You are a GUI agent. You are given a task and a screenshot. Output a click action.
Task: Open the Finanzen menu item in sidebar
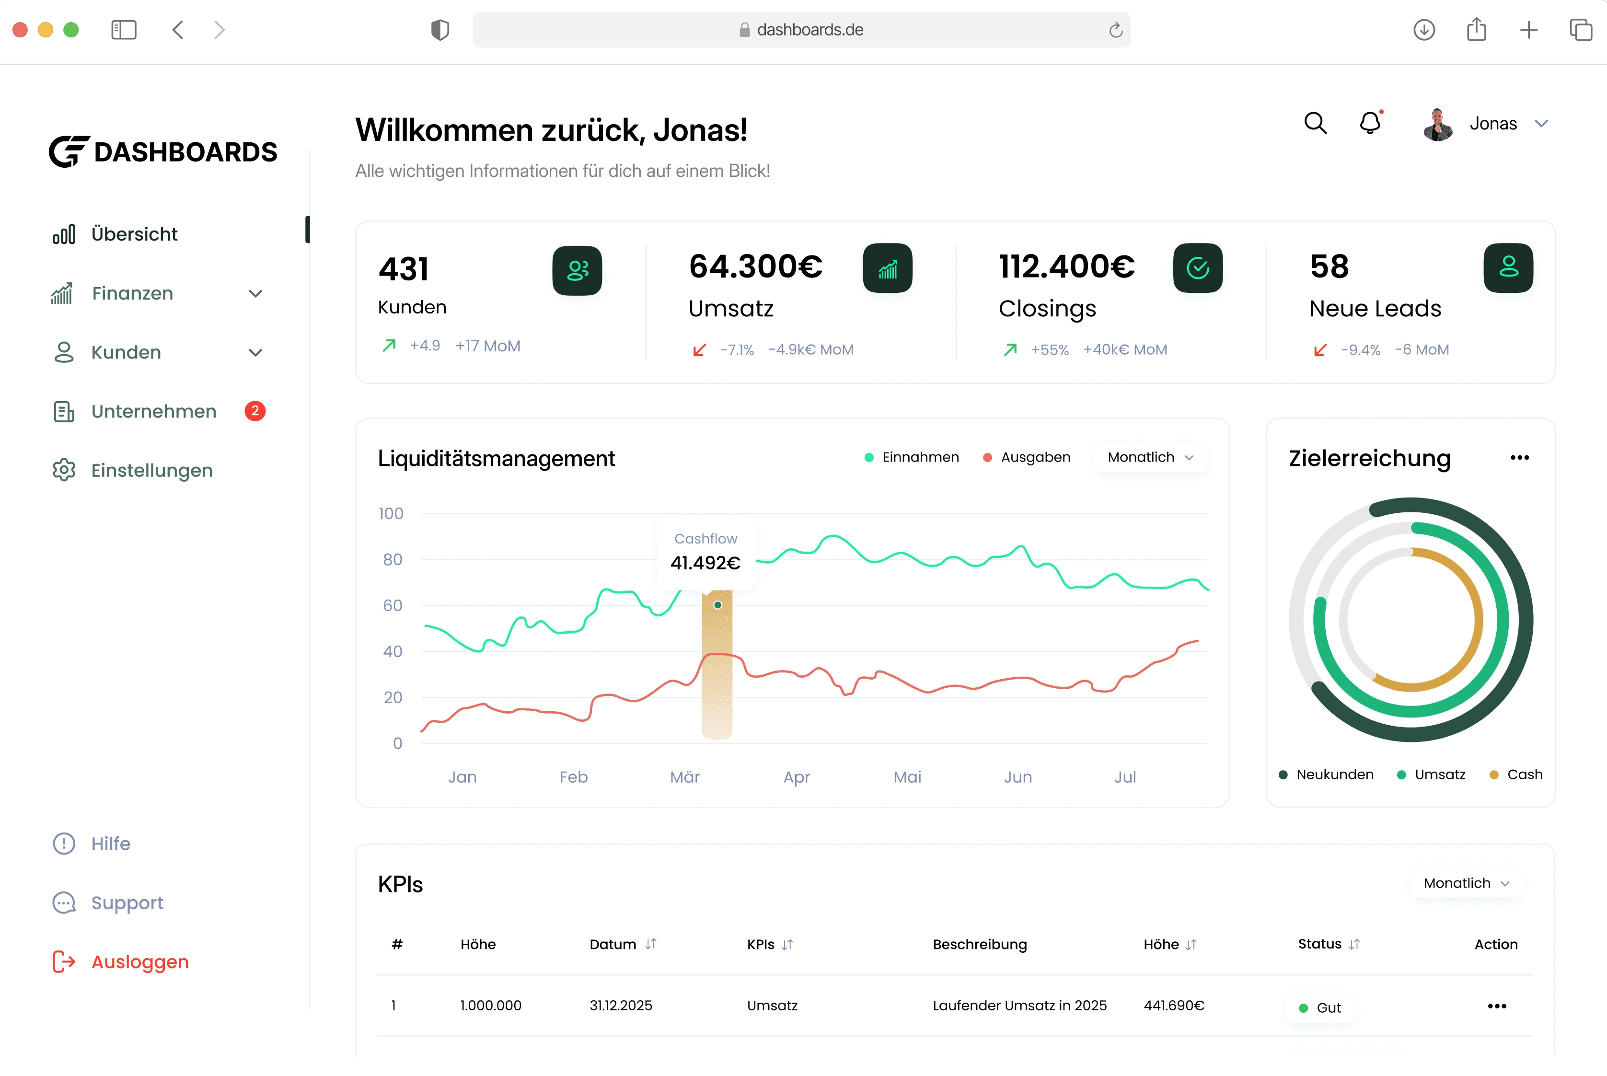click(x=132, y=294)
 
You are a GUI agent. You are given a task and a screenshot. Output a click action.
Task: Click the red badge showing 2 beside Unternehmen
click(x=255, y=411)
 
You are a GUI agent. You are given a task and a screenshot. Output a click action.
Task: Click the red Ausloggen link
click(x=140, y=962)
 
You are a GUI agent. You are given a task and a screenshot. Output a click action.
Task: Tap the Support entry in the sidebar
click(x=127, y=903)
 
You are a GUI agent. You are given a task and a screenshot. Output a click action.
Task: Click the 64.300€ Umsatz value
click(x=755, y=266)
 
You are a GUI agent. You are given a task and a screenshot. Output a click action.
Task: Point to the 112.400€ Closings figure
click(x=1066, y=266)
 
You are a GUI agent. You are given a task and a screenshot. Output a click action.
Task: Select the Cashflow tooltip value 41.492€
click(x=705, y=563)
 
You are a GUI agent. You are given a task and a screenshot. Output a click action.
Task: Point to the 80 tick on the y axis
click(x=393, y=559)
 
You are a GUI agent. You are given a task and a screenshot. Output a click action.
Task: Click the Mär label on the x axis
click(x=685, y=777)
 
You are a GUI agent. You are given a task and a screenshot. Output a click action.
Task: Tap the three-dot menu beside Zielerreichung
click(x=1519, y=458)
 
